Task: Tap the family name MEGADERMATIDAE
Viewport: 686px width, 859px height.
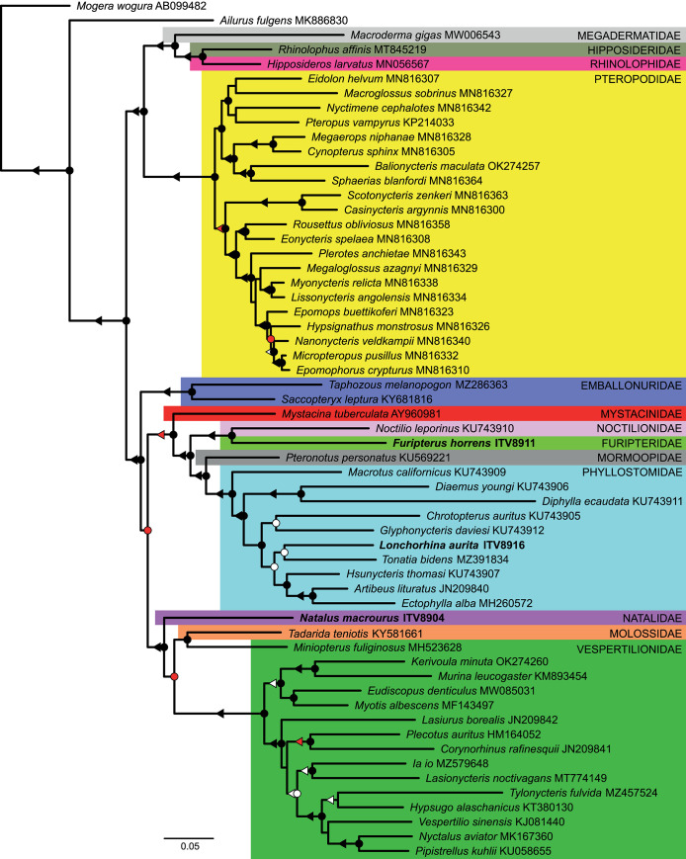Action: click(x=628, y=35)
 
